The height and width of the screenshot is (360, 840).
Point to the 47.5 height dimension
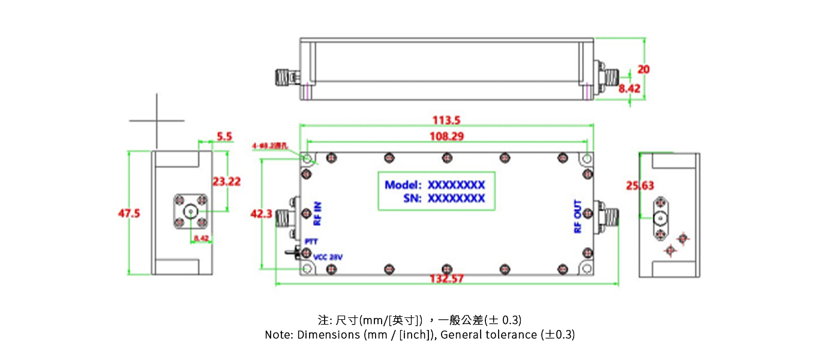(x=129, y=213)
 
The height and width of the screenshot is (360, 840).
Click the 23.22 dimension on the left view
(x=226, y=181)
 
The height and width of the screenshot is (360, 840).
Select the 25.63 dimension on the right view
(x=640, y=186)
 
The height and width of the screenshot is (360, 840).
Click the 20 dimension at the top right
(x=643, y=69)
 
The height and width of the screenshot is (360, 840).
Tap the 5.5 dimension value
(x=224, y=136)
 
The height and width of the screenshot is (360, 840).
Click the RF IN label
(x=318, y=213)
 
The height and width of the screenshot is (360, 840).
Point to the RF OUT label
(x=578, y=217)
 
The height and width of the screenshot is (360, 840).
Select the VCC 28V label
(x=328, y=257)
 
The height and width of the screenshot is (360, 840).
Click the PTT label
(x=310, y=241)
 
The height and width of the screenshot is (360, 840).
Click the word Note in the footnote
(x=277, y=335)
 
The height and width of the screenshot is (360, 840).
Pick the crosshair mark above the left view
(x=157, y=121)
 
